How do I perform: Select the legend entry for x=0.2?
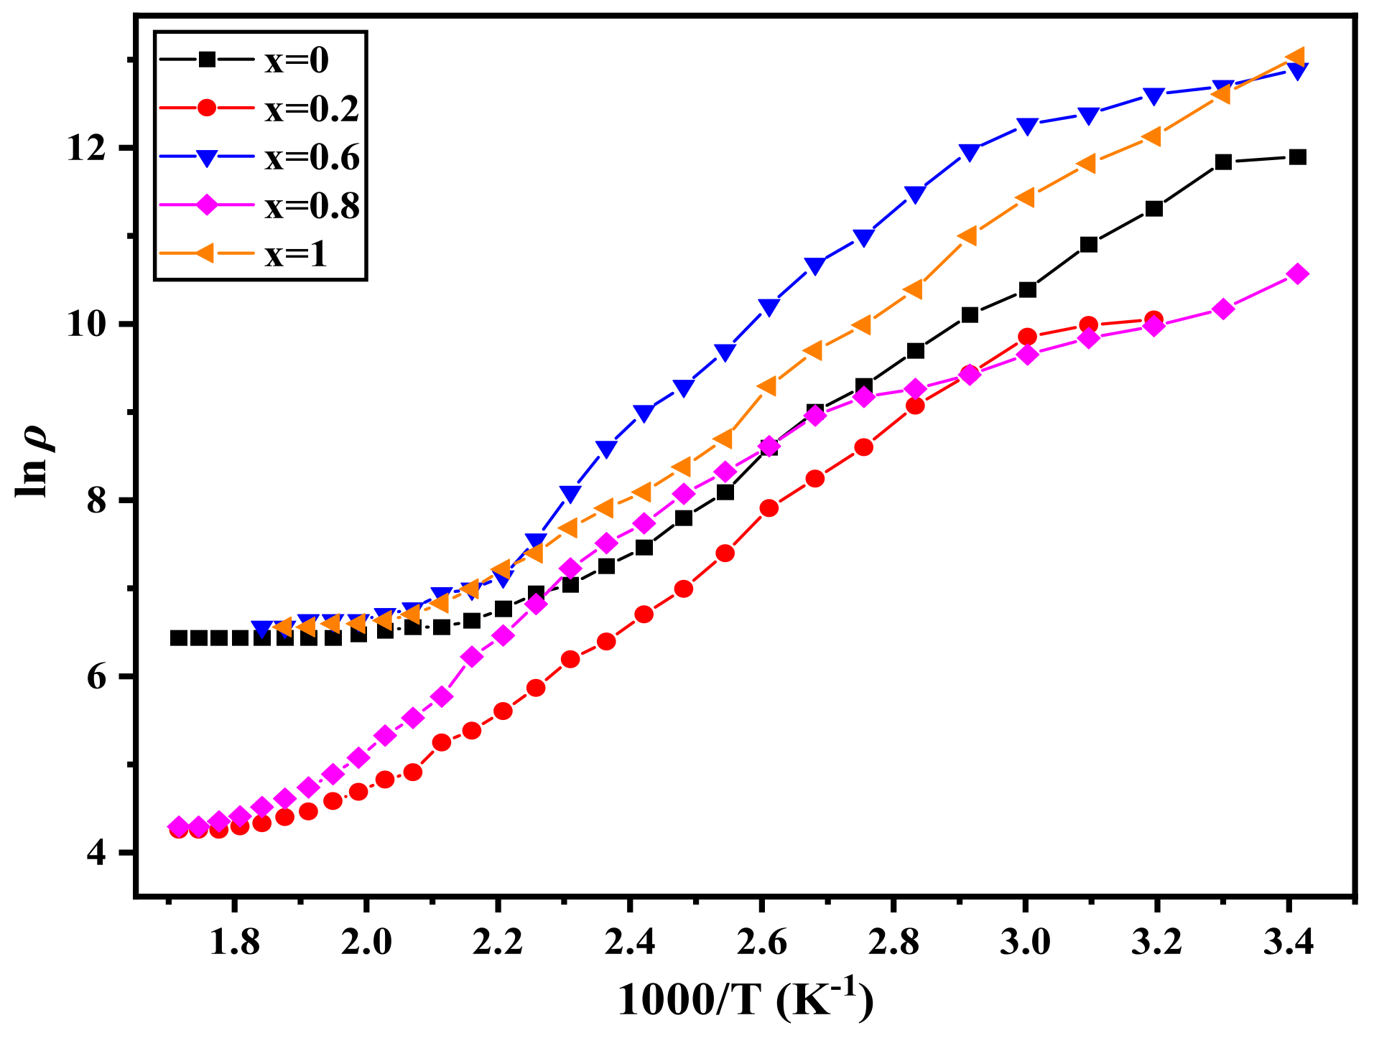(311, 109)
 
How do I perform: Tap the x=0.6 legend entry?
(311, 158)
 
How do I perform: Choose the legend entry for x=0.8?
(311, 207)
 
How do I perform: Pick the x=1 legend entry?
(295, 256)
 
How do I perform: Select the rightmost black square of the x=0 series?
(1297, 157)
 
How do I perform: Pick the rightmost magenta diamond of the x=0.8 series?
(1297, 273)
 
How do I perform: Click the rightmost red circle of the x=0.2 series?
(1153, 320)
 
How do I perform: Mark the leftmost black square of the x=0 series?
(178, 637)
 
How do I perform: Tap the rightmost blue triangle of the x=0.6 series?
(1297, 71)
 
